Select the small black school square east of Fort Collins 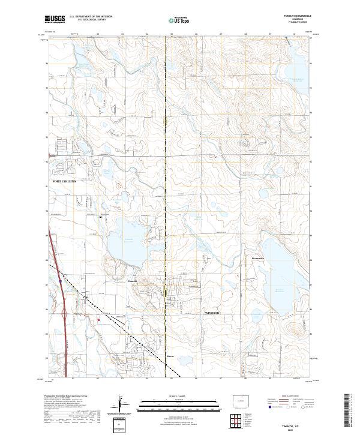[x=100, y=217]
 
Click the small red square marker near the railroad [x=98, y=320]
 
